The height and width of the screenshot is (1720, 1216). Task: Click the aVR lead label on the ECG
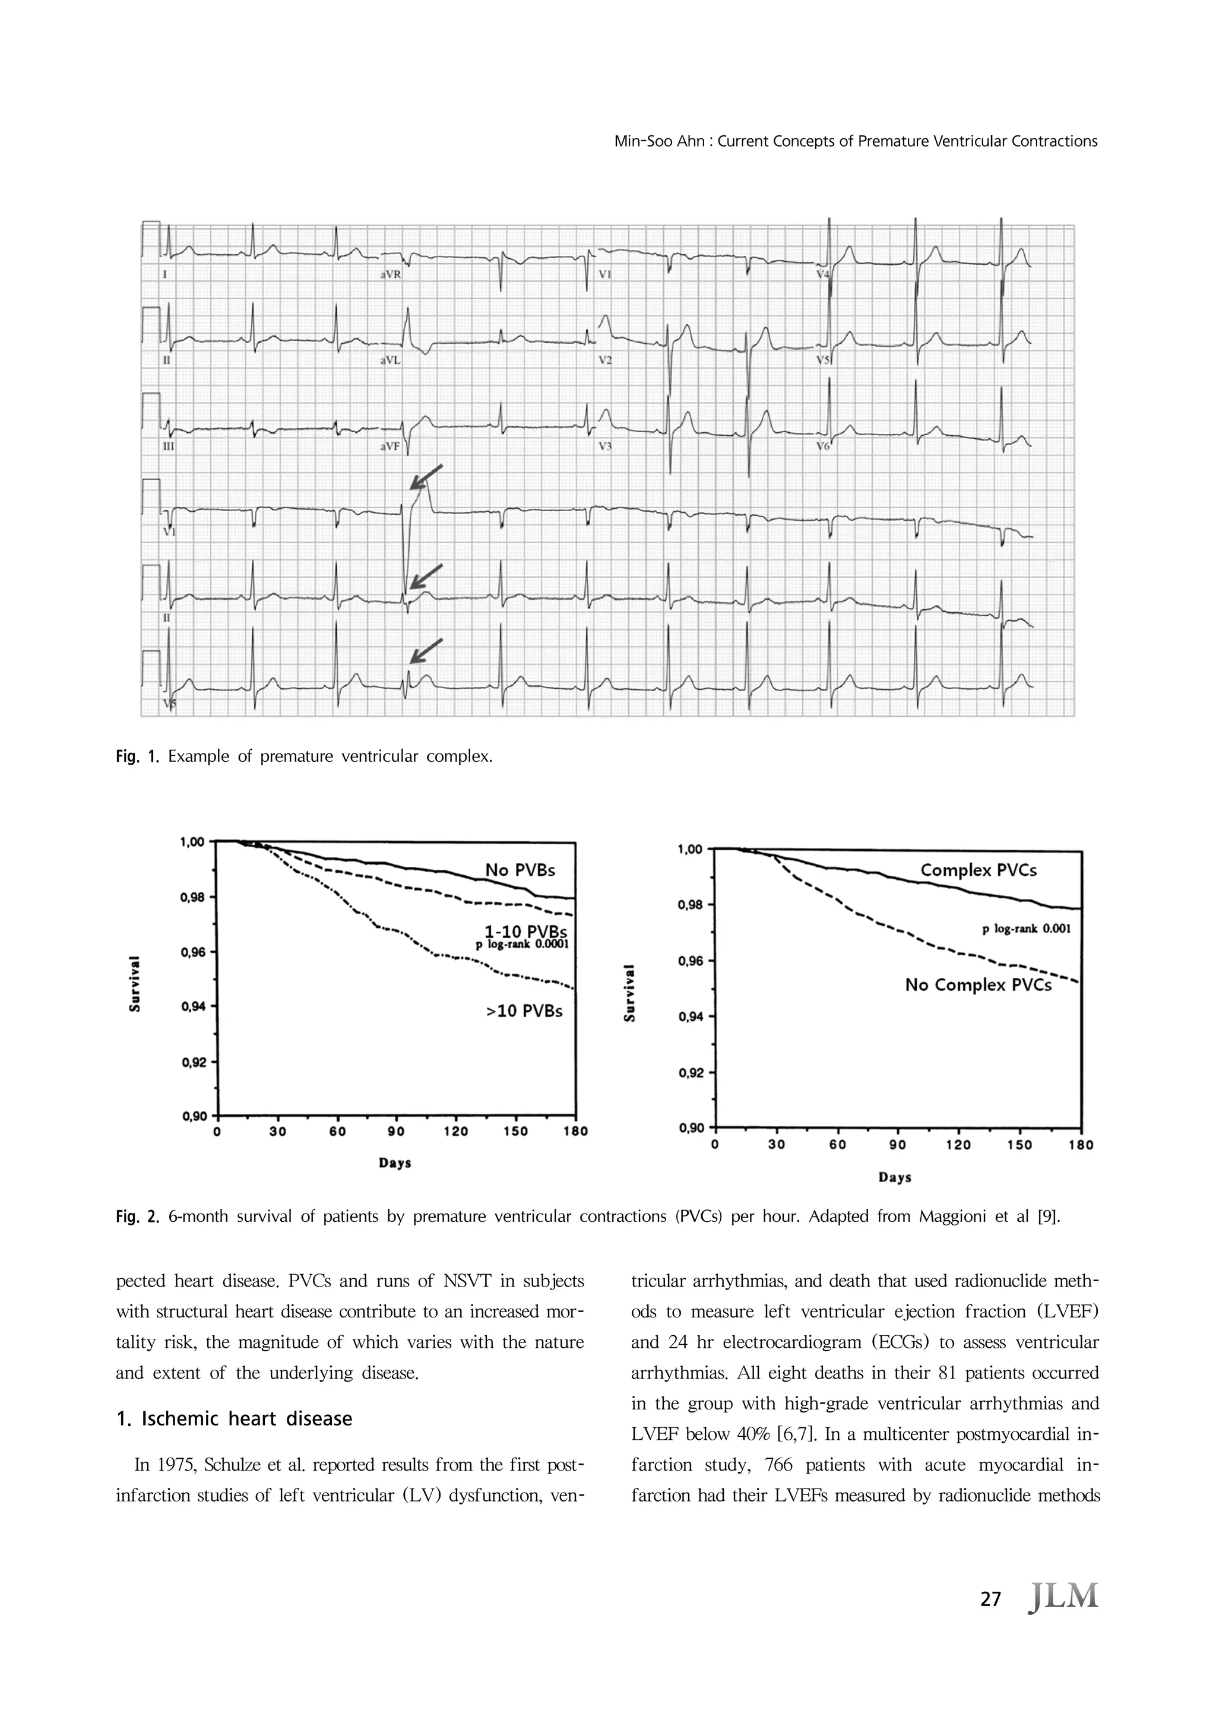(390, 275)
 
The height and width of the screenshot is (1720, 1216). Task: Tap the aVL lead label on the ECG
(390, 360)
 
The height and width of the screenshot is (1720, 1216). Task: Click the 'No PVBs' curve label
(520, 870)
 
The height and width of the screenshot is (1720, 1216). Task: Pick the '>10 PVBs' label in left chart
(524, 1011)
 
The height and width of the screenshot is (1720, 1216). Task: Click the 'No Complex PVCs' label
(978, 984)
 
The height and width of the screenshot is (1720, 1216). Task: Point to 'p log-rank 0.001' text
(1027, 929)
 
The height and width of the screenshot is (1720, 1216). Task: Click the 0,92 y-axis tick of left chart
(194, 1062)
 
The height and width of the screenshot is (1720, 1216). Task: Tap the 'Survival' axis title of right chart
(631, 993)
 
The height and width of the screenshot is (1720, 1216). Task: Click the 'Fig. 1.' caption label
(138, 756)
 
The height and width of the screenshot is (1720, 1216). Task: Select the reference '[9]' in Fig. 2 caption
(1048, 1216)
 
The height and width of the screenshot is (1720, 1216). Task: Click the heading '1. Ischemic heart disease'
(235, 1419)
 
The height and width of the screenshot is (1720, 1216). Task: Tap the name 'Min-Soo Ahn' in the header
(657, 141)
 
